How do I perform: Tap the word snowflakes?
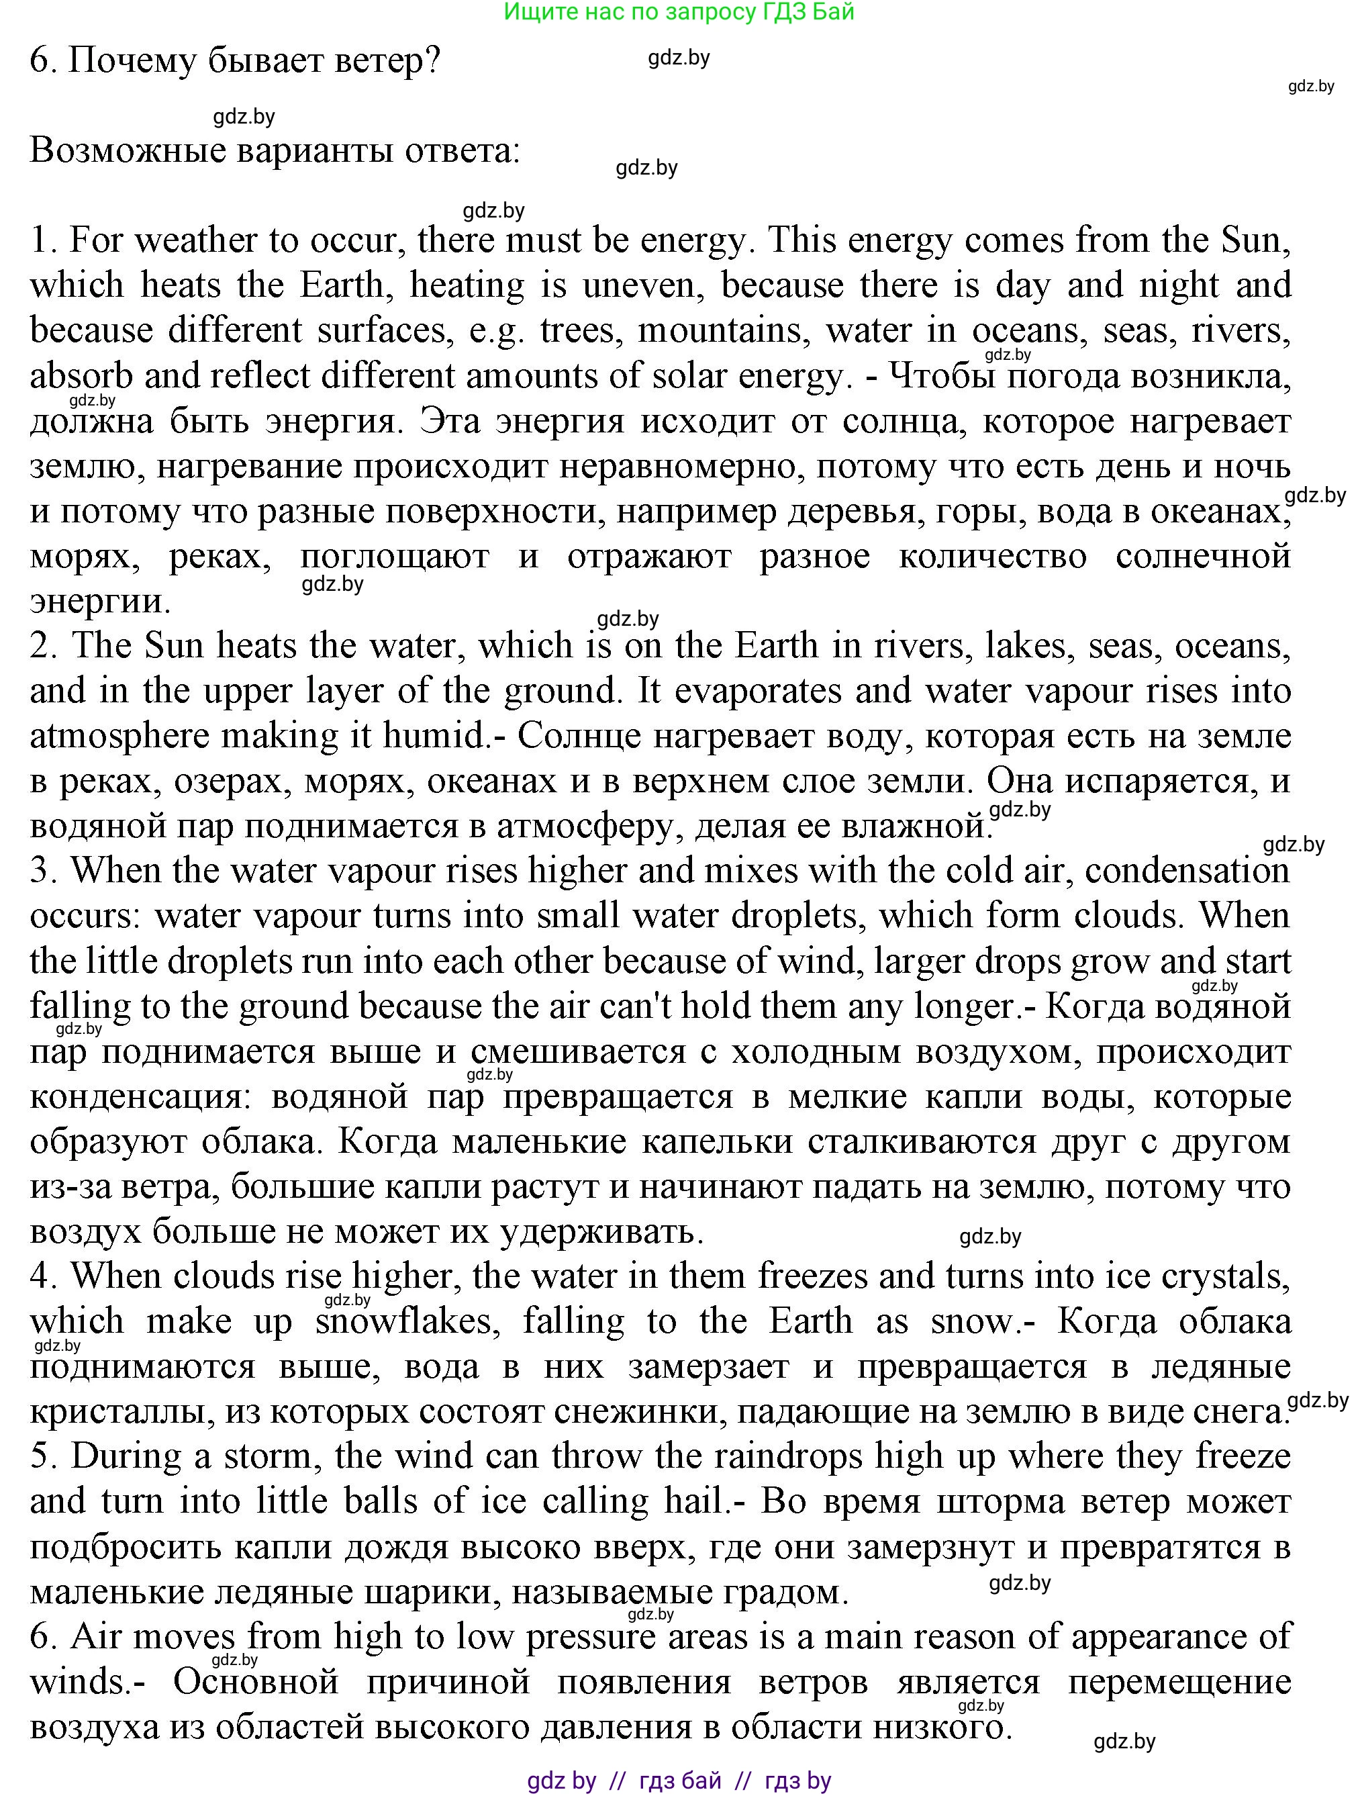tap(404, 1322)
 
